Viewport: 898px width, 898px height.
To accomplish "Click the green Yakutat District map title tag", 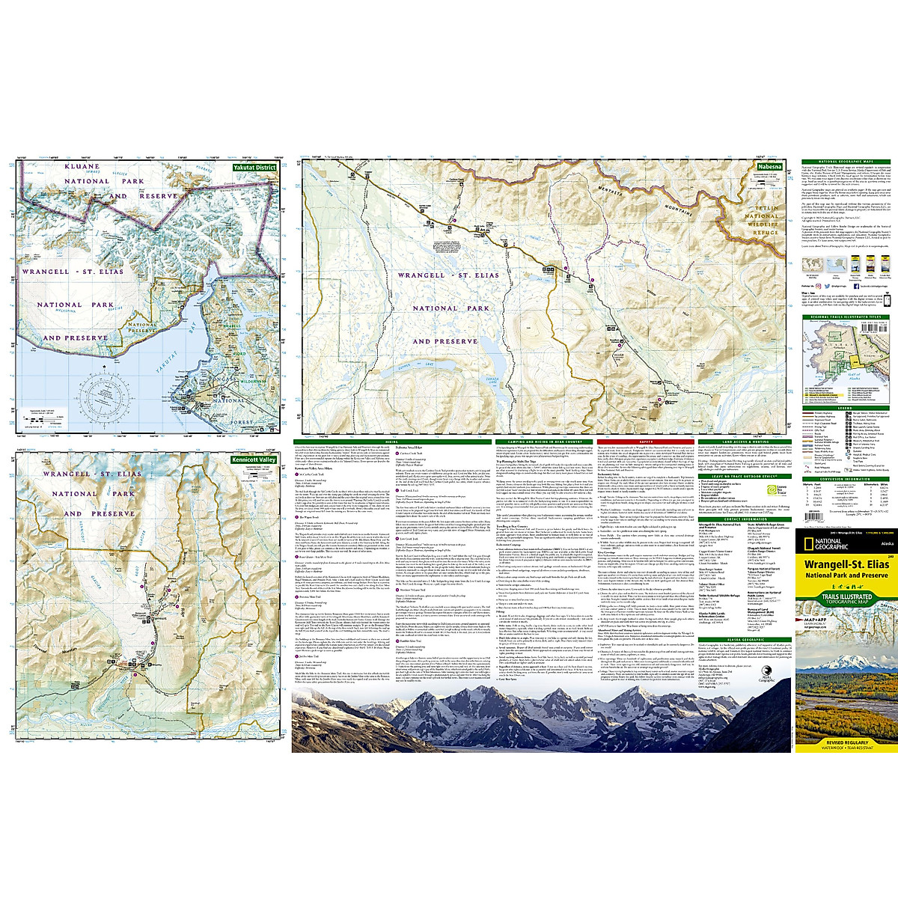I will tap(255, 168).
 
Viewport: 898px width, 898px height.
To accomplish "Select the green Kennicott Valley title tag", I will tap(254, 459).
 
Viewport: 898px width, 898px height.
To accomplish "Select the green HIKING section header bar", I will tap(391, 442).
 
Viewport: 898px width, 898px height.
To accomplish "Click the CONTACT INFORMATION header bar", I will tap(745, 519).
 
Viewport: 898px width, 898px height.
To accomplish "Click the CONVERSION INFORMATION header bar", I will tap(846, 479).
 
